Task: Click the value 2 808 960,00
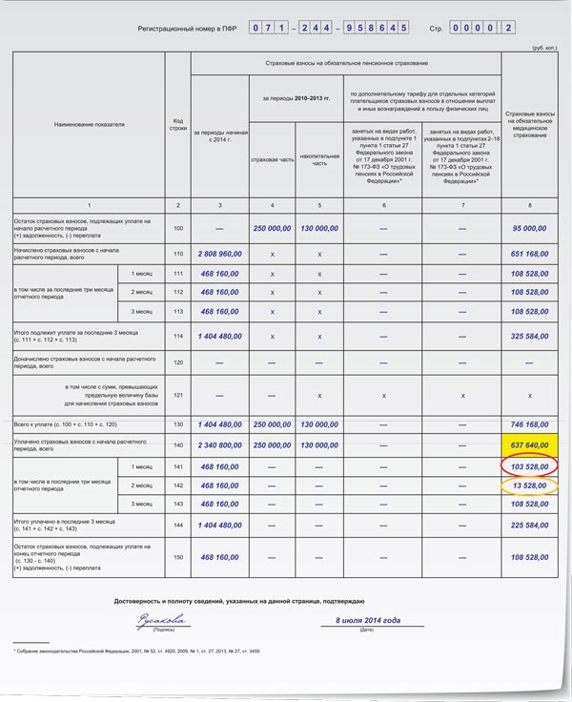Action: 218,254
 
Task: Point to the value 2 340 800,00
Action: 218,445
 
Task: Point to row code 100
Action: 177,229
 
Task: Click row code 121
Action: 177,395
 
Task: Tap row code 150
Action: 177,557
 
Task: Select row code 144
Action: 177,526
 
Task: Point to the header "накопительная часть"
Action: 319,159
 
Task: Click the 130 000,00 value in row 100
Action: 319,229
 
